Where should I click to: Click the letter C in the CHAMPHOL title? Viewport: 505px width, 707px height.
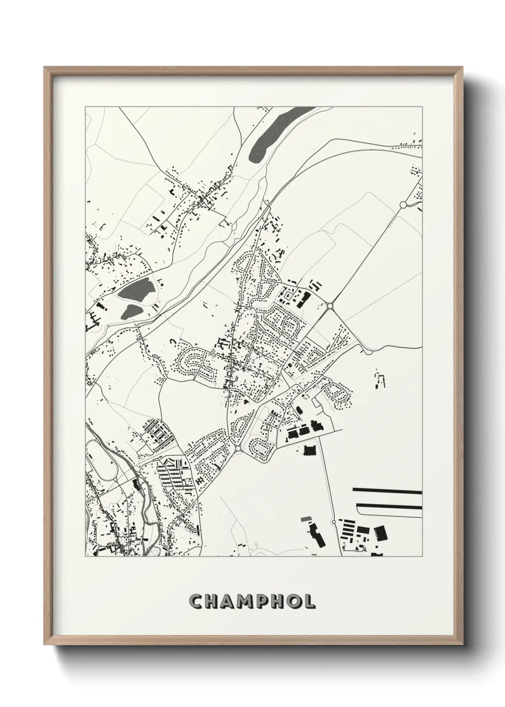[197, 602]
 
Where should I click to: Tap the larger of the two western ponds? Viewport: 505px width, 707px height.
[137, 289]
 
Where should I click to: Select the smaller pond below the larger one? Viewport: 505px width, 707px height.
[132, 311]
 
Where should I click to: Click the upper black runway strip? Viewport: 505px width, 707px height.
[387, 491]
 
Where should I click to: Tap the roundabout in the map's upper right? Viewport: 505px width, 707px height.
[403, 204]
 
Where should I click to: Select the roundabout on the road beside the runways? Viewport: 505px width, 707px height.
[333, 521]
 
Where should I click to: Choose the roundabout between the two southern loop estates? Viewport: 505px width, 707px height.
[238, 449]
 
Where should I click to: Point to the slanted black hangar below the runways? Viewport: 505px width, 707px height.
[380, 532]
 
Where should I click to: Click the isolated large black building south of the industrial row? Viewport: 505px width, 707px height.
[309, 450]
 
